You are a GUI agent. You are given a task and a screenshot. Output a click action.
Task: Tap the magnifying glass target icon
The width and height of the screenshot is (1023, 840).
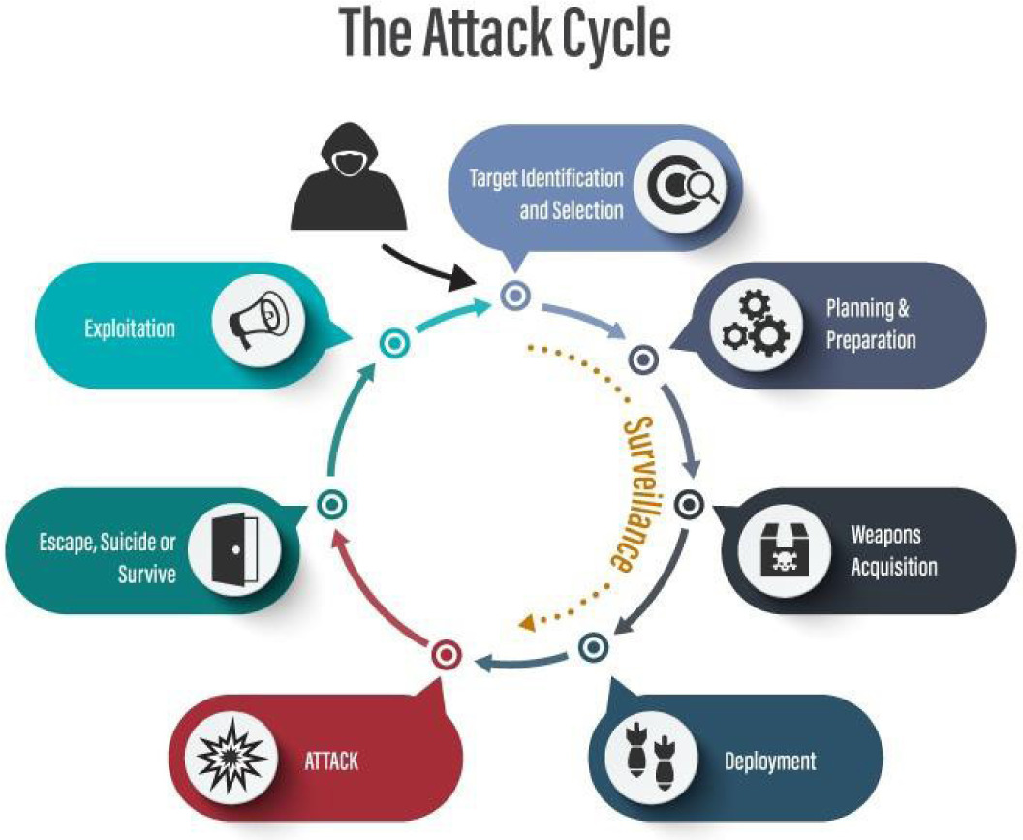(x=684, y=186)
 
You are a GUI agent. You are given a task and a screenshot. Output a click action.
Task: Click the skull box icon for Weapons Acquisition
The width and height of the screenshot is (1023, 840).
(x=780, y=549)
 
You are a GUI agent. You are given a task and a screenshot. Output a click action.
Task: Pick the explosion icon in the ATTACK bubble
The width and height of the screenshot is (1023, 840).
(x=230, y=758)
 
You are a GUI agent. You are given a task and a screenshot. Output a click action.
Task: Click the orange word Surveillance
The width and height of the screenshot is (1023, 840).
(x=631, y=494)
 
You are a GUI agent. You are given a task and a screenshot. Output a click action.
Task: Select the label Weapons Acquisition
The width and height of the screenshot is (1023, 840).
(x=893, y=550)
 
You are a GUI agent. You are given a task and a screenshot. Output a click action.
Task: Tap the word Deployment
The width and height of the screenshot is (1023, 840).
(x=770, y=761)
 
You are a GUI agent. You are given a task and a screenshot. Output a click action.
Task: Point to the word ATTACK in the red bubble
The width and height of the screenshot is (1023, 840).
(x=331, y=761)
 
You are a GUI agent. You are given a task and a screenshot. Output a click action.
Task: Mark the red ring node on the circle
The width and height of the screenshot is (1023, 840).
(x=445, y=655)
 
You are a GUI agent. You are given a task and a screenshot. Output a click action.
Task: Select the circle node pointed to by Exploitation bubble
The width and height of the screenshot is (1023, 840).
(x=391, y=342)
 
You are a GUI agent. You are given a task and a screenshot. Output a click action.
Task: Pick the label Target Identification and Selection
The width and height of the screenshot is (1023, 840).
(x=545, y=194)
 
